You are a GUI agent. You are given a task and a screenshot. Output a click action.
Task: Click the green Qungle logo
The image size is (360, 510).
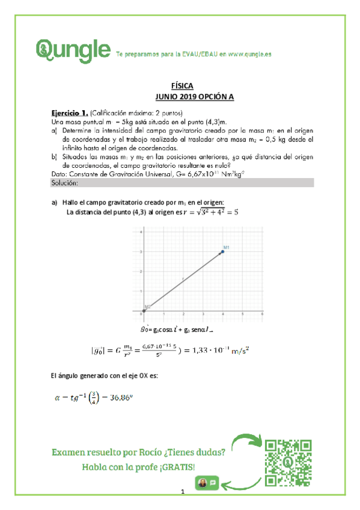click(x=74, y=48)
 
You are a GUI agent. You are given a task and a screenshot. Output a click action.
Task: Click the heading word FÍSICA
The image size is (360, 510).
click(x=180, y=87)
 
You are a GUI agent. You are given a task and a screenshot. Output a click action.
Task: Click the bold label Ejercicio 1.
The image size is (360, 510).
click(x=70, y=112)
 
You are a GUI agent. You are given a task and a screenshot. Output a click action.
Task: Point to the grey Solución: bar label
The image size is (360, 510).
click(x=66, y=182)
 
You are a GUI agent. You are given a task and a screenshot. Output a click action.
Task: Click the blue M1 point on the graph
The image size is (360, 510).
click(x=222, y=251)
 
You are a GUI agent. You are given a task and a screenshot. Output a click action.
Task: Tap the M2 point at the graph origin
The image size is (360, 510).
click(x=143, y=311)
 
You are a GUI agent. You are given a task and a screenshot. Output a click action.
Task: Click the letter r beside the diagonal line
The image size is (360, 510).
click(x=183, y=278)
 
